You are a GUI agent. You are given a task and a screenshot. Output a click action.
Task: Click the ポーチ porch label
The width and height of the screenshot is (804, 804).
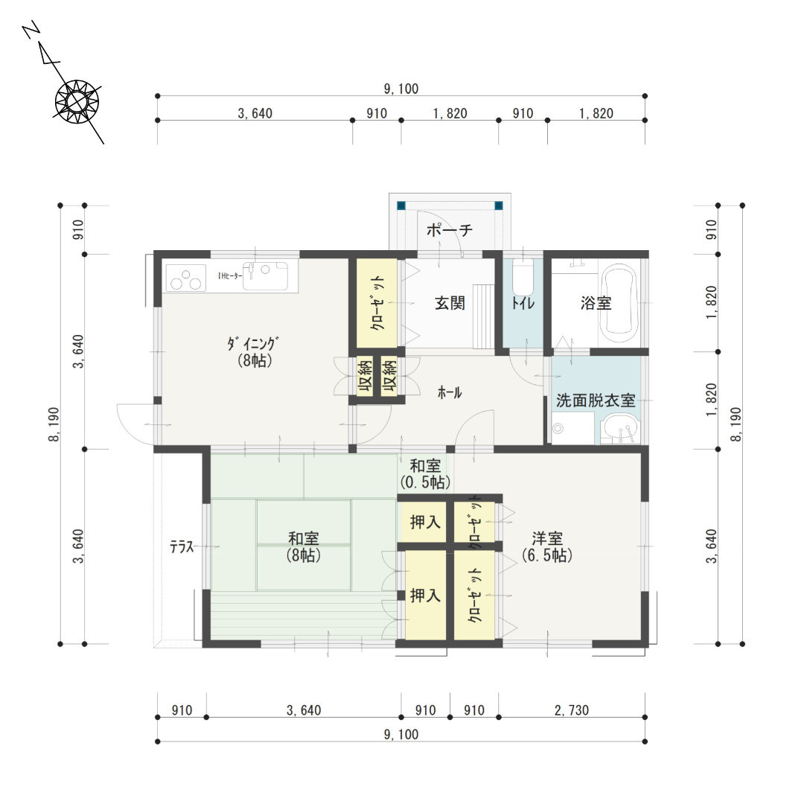[x=449, y=229]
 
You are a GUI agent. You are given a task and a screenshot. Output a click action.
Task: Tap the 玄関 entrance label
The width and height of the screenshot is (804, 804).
[x=450, y=303]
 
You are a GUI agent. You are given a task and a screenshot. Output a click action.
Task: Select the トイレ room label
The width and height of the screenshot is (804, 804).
[x=523, y=303]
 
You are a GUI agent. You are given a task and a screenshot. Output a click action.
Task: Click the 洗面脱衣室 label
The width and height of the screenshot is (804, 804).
[x=596, y=401]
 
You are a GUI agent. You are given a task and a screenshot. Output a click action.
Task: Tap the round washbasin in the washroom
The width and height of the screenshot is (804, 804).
[x=620, y=429]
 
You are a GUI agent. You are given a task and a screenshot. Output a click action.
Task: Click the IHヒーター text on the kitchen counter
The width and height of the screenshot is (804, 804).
[x=230, y=276]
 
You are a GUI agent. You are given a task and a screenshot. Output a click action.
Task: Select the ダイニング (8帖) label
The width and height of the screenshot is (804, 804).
[x=255, y=351]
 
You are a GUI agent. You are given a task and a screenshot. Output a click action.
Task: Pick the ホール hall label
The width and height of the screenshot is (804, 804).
[x=449, y=393]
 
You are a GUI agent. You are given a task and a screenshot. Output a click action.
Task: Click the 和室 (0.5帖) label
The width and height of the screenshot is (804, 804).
[x=425, y=473]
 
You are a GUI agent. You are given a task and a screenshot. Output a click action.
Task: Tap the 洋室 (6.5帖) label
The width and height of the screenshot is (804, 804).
[x=547, y=546]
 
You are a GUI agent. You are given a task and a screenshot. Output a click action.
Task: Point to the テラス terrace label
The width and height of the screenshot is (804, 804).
[x=182, y=547]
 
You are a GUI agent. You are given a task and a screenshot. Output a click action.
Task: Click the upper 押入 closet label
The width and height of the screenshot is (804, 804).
[x=425, y=522]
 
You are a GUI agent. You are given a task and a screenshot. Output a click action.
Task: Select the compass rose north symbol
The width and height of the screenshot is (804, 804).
[x=77, y=101]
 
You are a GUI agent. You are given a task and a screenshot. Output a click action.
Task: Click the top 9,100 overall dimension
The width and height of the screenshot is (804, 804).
[x=401, y=89]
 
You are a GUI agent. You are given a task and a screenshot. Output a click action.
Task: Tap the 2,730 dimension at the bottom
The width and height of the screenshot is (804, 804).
[x=572, y=710]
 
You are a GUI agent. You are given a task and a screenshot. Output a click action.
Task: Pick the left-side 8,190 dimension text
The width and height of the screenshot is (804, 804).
[x=54, y=424]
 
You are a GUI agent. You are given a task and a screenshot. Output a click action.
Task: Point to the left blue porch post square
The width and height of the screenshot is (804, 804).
[x=401, y=205]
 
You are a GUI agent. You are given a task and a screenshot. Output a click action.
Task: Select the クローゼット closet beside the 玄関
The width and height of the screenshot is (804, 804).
[x=377, y=303]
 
